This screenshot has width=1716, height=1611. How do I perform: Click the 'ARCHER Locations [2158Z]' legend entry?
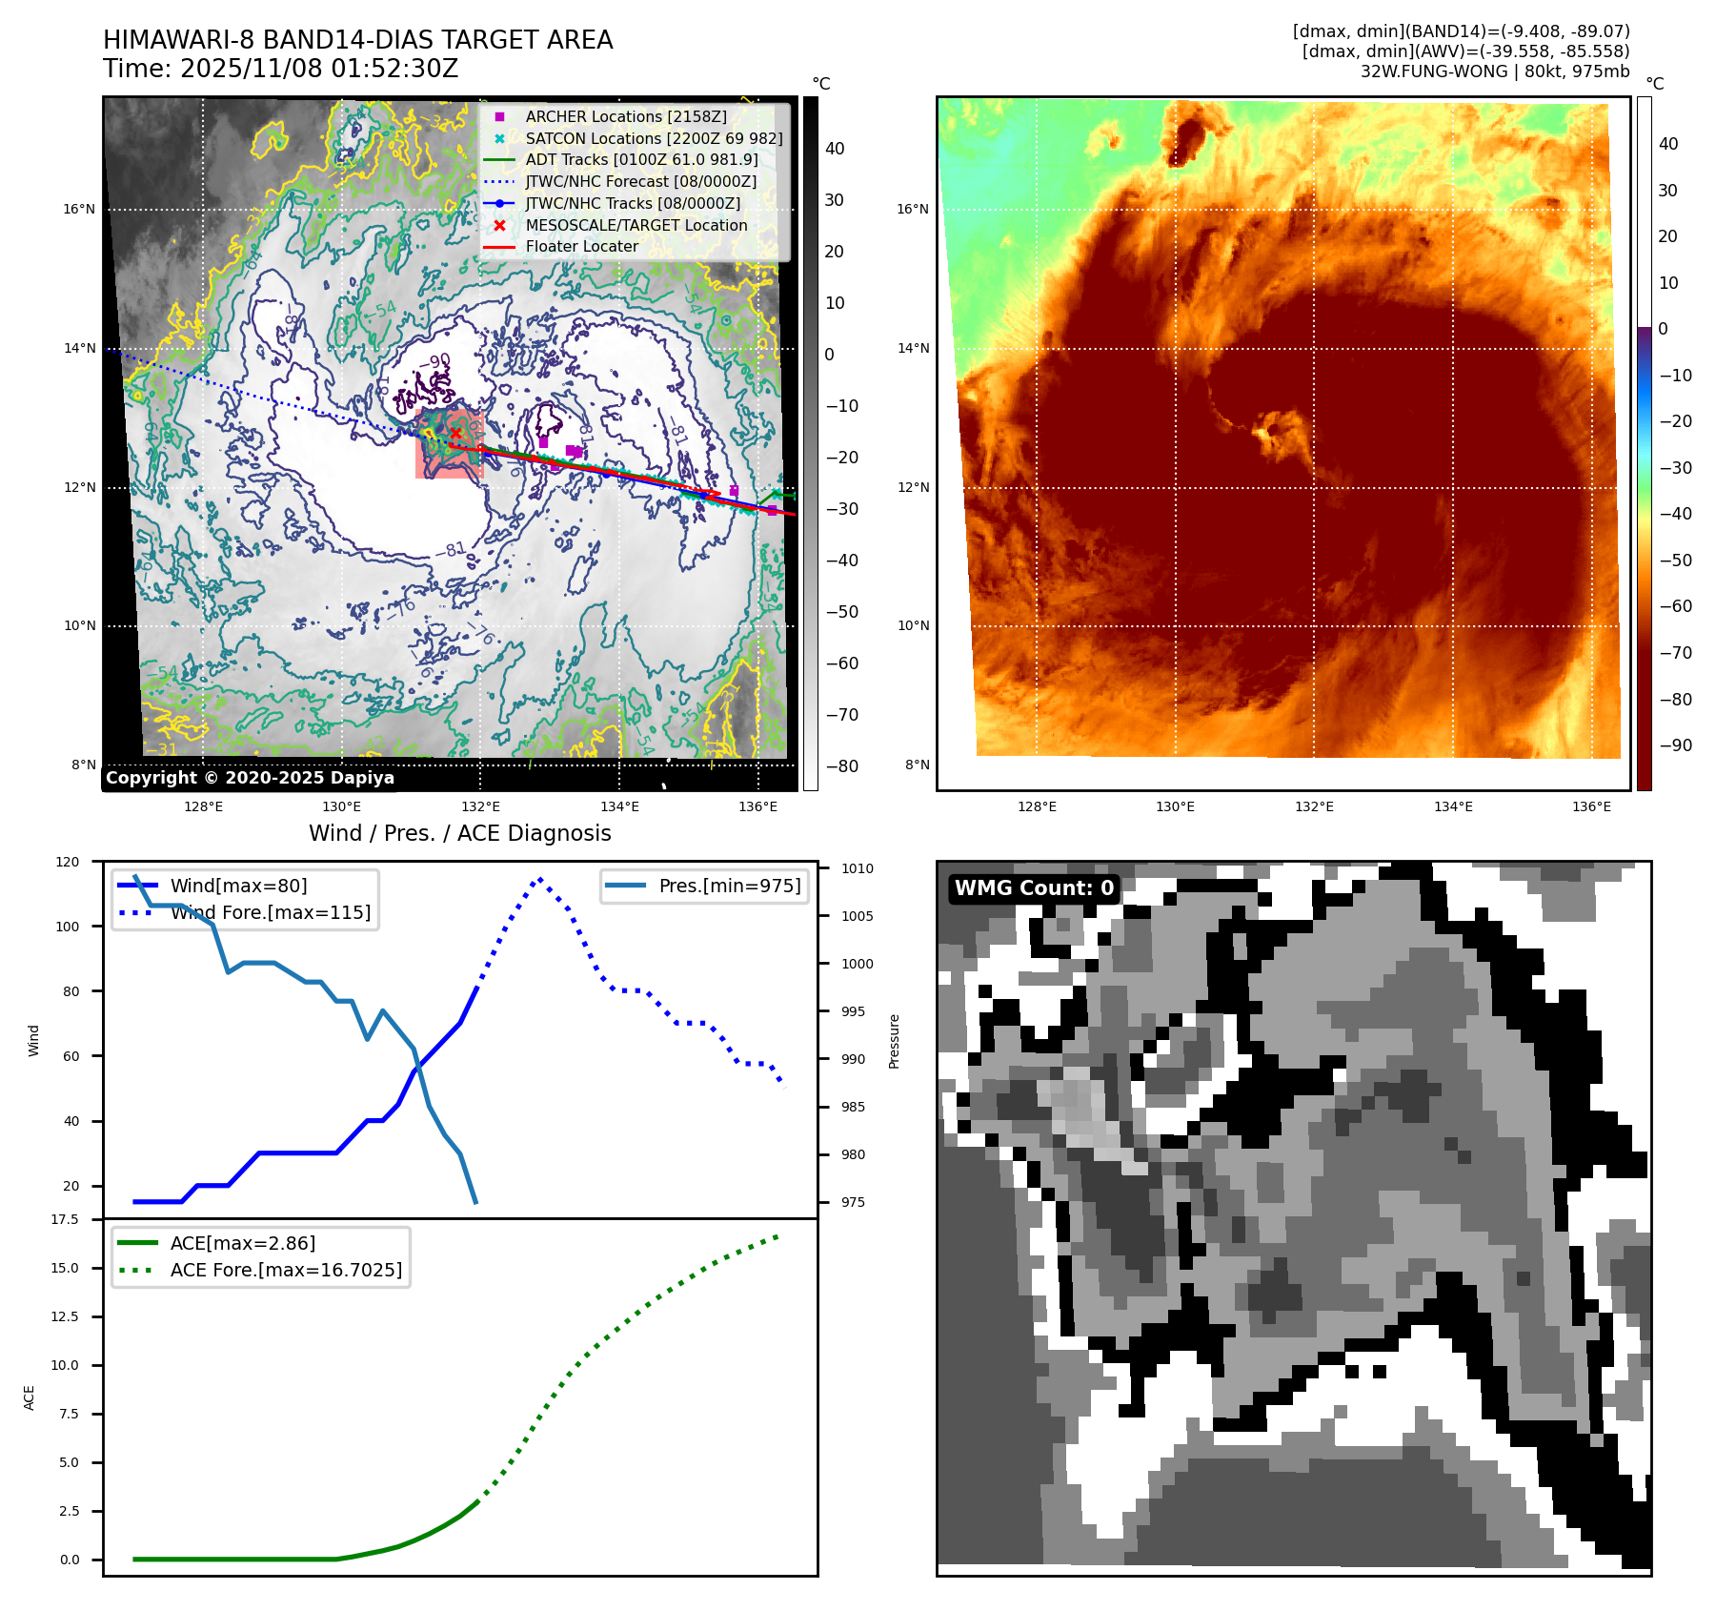coord(625,116)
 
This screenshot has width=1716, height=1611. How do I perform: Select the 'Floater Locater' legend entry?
coord(581,246)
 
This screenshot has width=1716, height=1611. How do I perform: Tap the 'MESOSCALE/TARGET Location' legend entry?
coord(636,225)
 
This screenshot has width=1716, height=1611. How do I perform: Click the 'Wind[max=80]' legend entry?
coord(238,886)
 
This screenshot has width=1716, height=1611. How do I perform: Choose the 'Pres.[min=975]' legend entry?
coord(729,886)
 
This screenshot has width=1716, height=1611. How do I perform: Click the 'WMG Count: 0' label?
coord(1034,888)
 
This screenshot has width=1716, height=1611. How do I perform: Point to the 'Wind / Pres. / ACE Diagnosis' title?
coord(460,833)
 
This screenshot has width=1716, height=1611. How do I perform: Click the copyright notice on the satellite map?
coord(250,778)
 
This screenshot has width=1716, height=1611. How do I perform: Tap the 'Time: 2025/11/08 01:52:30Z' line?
coord(281,70)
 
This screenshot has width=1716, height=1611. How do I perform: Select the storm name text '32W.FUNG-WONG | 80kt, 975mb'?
coord(1494,71)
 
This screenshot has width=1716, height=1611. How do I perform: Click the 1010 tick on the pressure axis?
coord(857,868)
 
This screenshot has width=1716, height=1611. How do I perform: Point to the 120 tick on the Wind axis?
coord(68,862)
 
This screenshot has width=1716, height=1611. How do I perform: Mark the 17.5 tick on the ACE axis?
coord(65,1219)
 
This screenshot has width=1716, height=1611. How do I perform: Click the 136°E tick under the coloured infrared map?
coord(1591,807)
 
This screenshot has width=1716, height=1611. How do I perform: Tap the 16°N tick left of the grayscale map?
coord(79,210)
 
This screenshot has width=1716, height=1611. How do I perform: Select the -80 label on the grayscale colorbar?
coord(841,766)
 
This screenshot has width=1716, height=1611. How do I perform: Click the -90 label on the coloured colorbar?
coord(1675,745)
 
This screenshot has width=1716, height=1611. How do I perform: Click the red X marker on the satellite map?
coord(455,433)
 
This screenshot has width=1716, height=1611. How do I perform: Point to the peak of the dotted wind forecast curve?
coord(540,879)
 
